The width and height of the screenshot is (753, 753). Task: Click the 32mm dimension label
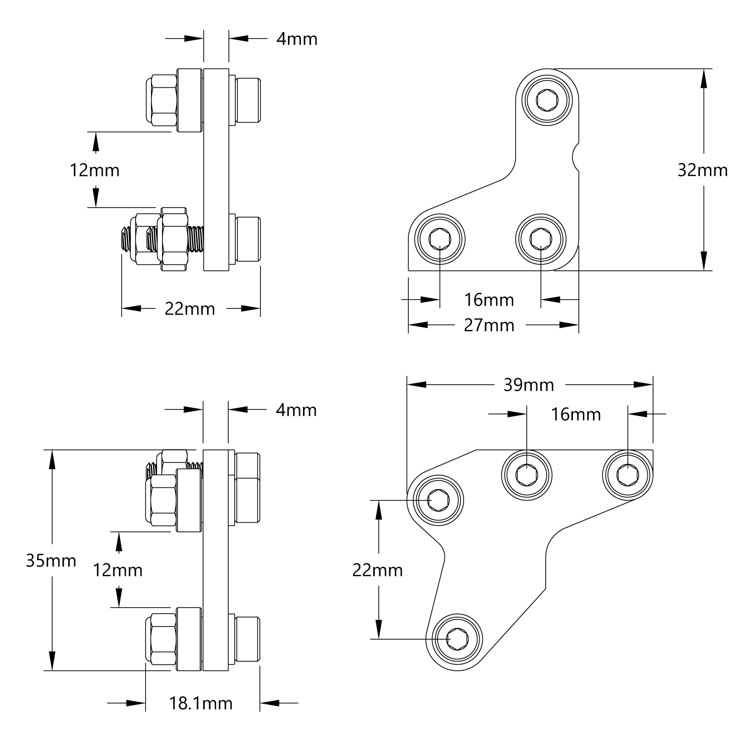pyautogui.click(x=702, y=171)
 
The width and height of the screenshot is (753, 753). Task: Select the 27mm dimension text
pyautogui.click(x=489, y=326)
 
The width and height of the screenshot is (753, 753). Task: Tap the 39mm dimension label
pyautogui.click(x=528, y=385)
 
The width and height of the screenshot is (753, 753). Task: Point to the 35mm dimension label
pyautogui.click(x=51, y=560)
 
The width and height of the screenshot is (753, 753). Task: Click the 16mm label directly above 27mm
pyautogui.click(x=489, y=300)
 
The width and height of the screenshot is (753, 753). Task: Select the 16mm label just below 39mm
pyautogui.click(x=576, y=415)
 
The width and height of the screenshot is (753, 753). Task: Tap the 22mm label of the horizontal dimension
pyautogui.click(x=190, y=309)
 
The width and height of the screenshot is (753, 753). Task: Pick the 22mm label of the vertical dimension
pyautogui.click(x=378, y=570)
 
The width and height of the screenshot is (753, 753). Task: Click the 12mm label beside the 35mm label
pyautogui.click(x=118, y=570)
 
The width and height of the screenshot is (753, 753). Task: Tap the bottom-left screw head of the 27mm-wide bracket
pyautogui.click(x=440, y=238)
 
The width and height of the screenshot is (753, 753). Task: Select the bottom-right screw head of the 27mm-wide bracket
pyautogui.click(x=541, y=238)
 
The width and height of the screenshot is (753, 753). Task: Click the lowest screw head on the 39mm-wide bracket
pyautogui.click(x=458, y=639)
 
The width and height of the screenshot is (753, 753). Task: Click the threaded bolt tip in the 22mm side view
pyautogui.click(x=124, y=240)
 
